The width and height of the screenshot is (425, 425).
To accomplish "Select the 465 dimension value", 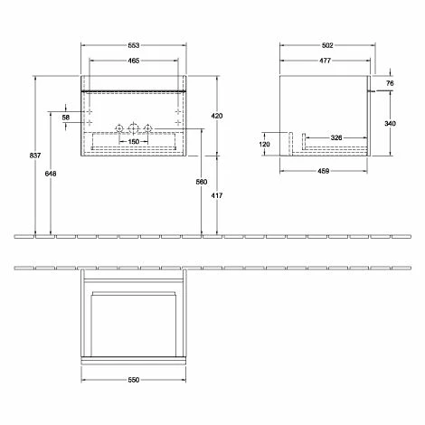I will tap(133, 61).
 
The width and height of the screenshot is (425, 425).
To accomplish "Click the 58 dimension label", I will tap(66, 118).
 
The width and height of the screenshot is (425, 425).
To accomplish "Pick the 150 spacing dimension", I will tap(133, 141).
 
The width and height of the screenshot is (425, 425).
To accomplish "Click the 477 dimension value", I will tap(324, 61).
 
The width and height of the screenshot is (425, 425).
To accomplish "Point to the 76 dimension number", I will tap(390, 83).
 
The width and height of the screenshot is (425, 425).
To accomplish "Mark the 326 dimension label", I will tap(335, 137).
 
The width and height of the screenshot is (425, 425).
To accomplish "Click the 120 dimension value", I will tap(265, 144).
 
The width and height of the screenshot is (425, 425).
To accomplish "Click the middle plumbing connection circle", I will tap(133, 125).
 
